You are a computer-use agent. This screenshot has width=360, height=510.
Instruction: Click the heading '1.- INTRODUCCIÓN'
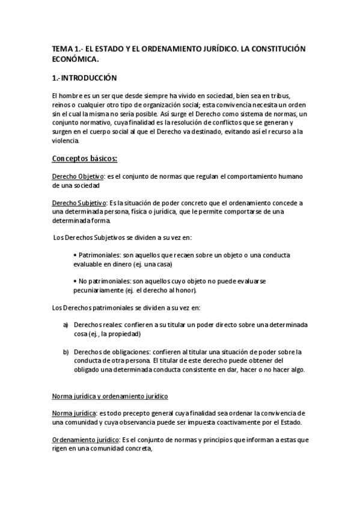pyautogui.click(x=84, y=78)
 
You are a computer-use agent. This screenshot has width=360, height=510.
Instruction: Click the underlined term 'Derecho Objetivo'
pyautogui.click(x=78, y=176)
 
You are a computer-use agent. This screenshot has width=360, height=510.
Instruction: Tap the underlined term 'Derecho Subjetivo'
pyautogui.click(x=79, y=204)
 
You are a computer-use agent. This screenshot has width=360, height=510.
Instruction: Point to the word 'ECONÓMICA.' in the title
pyautogui.click(x=75, y=59)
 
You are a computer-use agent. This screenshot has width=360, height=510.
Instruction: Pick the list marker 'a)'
pyautogui.click(x=66, y=325)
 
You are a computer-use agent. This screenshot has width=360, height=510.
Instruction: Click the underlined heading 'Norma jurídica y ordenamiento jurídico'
pyautogui.click(x=109, y=396)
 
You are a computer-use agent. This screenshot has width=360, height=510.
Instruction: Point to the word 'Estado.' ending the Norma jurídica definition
pyautogui.click(x=288, y=422)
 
